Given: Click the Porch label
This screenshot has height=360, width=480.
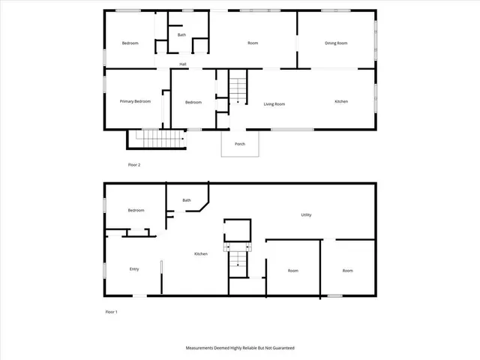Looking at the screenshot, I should pos(240,144).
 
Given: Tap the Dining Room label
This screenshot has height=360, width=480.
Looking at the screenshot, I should pos(336,43).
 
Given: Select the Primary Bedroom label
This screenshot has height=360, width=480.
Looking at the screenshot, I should pos(135,101).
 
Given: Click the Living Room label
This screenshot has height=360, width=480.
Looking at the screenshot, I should pos(274,104).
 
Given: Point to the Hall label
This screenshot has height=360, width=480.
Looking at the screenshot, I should pos(182,64).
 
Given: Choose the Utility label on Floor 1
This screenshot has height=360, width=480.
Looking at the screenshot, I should pos(306,215).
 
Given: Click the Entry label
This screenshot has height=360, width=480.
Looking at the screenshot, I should pos(134,269).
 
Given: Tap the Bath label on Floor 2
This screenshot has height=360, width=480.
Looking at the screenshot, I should pos(181,35).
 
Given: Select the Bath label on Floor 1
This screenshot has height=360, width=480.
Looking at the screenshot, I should pos(186,200).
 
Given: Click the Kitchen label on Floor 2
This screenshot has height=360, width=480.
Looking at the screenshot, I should pos(340,101).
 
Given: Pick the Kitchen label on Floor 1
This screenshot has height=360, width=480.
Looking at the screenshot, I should pos(201,254).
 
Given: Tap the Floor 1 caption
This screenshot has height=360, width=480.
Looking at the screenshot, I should pos(111,311).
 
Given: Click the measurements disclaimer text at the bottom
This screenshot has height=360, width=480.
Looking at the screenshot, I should pos(240,348).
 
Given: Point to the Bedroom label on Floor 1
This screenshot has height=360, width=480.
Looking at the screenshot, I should pos(136,211).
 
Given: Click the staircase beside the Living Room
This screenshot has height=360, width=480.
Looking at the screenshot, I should pos(238,88).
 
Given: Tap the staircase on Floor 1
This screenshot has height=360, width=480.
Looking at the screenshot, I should pos(238,259).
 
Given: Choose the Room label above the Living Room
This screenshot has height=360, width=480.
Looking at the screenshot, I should pos(253,43).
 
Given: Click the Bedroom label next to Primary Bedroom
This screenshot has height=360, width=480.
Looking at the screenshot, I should pos(193,103).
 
